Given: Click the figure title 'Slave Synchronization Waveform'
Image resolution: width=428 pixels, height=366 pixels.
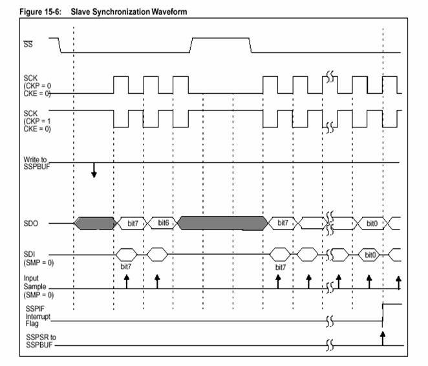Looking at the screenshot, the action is (x=129, y=12).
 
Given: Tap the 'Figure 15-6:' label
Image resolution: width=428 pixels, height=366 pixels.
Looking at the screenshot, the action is (x=40, y=12).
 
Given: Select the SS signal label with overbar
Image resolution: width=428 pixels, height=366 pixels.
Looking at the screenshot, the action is (x=28, y=44).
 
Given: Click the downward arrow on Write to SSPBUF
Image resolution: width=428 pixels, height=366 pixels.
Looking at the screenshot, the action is (x=94, y=170).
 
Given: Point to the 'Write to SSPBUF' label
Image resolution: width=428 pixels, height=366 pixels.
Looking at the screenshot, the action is (x=37, y=163).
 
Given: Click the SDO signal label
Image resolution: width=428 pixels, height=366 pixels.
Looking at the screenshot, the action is (x=30, y=224).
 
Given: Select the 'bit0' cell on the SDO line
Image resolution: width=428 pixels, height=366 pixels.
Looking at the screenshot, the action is (x=372, y=224).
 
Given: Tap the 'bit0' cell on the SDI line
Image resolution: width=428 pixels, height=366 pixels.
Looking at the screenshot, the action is (x=369, y=255).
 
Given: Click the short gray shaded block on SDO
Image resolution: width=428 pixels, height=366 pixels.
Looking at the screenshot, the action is (x=95, y=223).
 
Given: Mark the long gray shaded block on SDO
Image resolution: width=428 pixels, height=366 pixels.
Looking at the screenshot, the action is (x=223, y=223).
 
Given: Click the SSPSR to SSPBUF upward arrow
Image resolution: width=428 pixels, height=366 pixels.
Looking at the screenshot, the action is (x=383, y=338).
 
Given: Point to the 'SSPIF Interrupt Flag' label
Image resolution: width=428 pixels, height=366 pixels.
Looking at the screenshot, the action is (x=38, y=316).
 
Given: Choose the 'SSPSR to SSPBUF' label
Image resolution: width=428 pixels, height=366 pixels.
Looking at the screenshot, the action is (x=41, y=341).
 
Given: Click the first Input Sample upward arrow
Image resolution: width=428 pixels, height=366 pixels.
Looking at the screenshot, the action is (x=126, y=282).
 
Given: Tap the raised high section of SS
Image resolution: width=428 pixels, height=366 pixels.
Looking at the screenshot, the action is (x=221, y=38).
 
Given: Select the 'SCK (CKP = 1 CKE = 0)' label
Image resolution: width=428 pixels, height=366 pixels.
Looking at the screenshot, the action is (x=37, y=121).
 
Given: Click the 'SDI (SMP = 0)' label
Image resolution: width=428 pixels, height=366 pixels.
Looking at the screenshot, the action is (x=39, y=259).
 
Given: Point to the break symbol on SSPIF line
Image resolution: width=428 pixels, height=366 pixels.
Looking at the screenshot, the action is (x=330, y=321).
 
